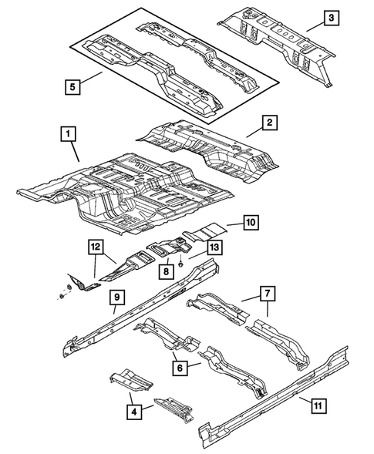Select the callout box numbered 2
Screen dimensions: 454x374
click(x=269, y=123)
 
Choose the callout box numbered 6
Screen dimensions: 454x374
click(x=178, y=369)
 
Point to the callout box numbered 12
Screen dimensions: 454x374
click(x=95, y=247)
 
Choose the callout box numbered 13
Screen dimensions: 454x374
click(x=214, y=247)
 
